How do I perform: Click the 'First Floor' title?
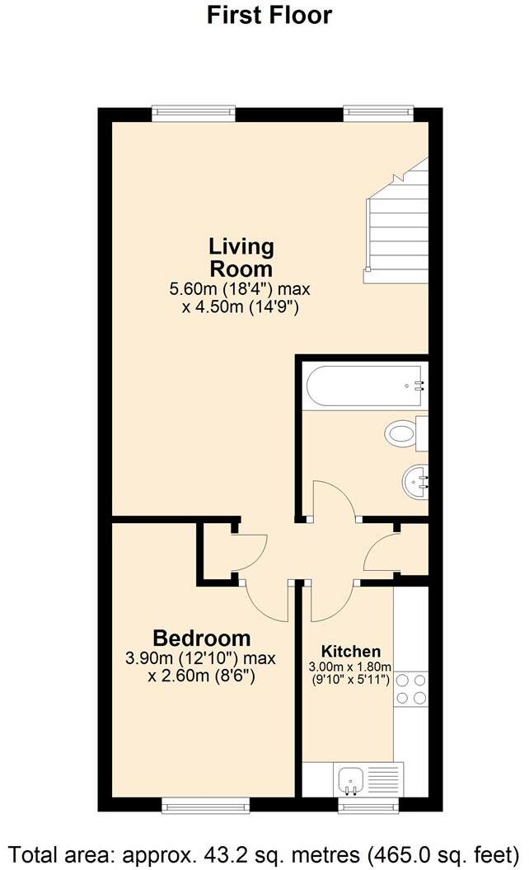[x=269, y=15]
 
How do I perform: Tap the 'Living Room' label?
[x=241, y=257]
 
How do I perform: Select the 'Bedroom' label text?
[x=202, y=638]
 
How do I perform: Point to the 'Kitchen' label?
[x=351, y=650]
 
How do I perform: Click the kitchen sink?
[x=350, y=778]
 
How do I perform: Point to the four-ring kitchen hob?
[x=411, y=689]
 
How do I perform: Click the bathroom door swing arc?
[x=331, y=498]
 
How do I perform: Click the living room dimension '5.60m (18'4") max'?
[x=240, y=290]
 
